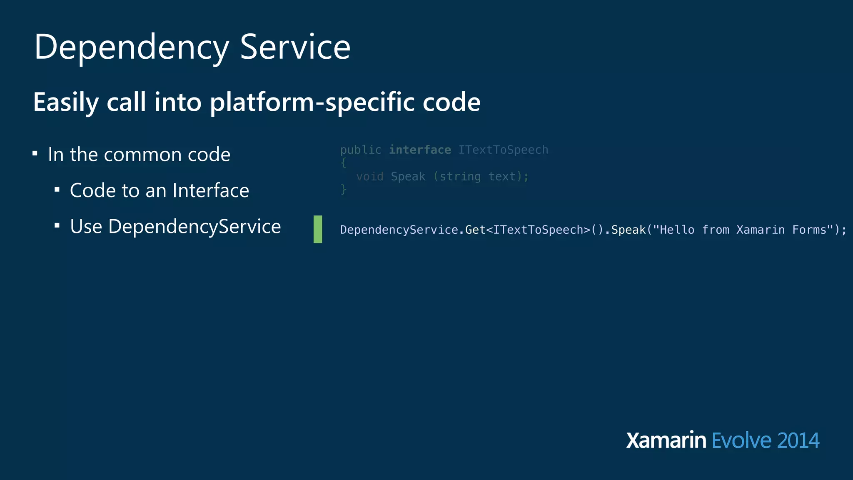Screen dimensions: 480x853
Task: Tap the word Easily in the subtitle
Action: click(x=66, y=102)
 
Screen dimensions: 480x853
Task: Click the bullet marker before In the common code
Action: click(x=35, y=154)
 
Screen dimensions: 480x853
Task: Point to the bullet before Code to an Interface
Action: click(x=57, y=190)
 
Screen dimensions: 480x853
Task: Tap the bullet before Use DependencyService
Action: click(x=57, y=226)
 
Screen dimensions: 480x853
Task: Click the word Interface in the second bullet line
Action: click(x=211, y=190)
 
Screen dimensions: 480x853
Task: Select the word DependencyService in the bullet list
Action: click(x=195, y=227)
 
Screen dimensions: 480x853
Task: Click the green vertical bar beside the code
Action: click(x=318, y=229)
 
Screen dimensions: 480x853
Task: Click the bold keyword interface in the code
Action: click(x=420, y=150)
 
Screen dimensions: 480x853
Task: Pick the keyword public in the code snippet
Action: click(x=361, y=150)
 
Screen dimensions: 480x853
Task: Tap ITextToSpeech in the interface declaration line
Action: click(x=503, y=150)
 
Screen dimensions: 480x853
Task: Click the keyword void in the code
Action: click(x=370, y=177)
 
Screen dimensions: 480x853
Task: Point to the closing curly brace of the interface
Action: click(x=343, y=190)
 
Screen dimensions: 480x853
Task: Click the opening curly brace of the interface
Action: click(x=343, y=163)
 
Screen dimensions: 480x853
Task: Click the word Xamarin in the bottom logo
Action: click(x=666, y=440)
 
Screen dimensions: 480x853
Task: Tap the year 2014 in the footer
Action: click(x=798, y=440)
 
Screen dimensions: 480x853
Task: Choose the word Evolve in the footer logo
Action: click(x=741, y=440)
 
